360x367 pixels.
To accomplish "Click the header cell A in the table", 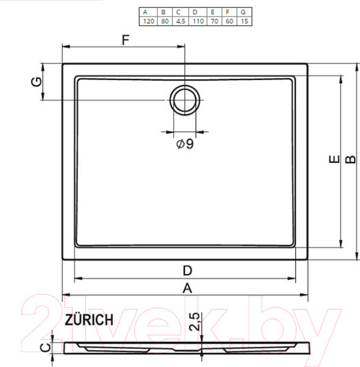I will (146, 12).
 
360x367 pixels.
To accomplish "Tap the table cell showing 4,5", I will (179, 21).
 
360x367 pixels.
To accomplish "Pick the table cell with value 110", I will (196, 21).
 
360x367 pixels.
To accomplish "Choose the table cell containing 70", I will (212, 21).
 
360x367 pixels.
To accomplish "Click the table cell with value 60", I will (228, 21).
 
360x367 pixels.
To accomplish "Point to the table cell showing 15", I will (243, 21).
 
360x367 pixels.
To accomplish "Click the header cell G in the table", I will (243, 12).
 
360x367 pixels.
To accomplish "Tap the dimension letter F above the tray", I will (126, 40).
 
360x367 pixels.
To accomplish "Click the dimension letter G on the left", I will (37, 81).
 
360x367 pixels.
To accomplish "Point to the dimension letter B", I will (350, 159).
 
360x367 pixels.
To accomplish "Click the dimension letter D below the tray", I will (187, 270).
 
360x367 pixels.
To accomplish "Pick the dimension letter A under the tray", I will (187, 287).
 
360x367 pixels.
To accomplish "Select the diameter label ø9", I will (184, 144).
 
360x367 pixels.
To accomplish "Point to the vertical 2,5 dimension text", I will (194, 322).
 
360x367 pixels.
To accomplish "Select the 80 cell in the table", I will (163, 21).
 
